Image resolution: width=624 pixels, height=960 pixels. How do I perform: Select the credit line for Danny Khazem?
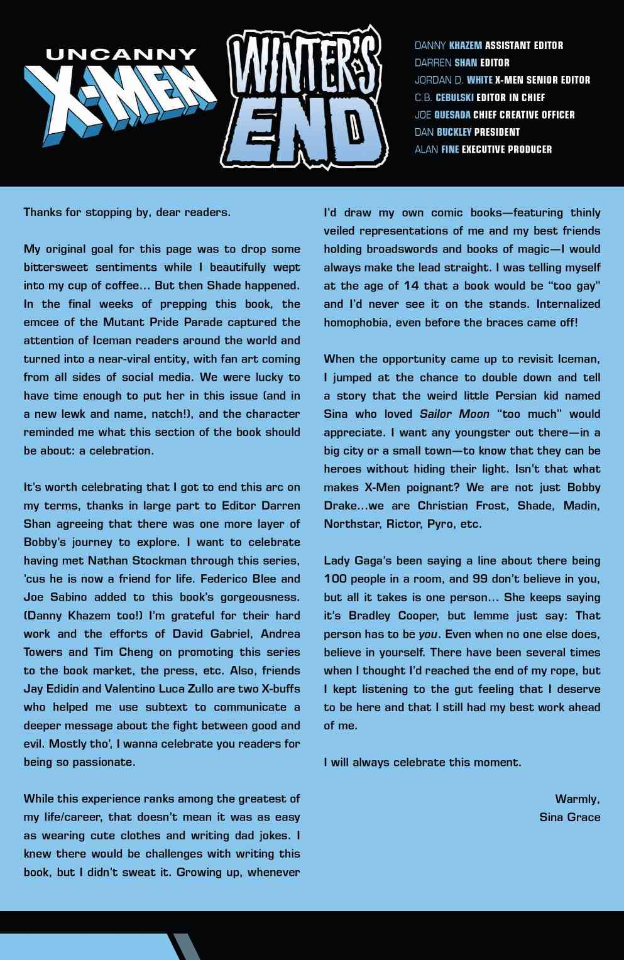pyautogui.click(x=488, y=45)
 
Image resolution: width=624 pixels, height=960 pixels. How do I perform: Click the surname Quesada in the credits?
pyautogui.click(x=452, y=114)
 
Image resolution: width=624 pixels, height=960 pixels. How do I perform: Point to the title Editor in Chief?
pyautogui.click(x=513, y=97)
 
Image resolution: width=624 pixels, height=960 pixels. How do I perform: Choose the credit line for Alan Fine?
pyautogui.click(x=483, y=150)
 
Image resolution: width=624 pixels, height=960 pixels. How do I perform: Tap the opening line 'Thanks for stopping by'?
pyautogui.click(x=126, y=212)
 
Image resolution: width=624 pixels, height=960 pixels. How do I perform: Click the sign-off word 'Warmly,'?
pyautogui.click(x=577, y=799)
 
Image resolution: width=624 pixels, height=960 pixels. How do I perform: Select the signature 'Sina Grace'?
pyautogui.click(x=569, y=817)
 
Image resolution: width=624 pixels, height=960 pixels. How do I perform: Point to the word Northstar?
pyautogui.click(x=351, y=524)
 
